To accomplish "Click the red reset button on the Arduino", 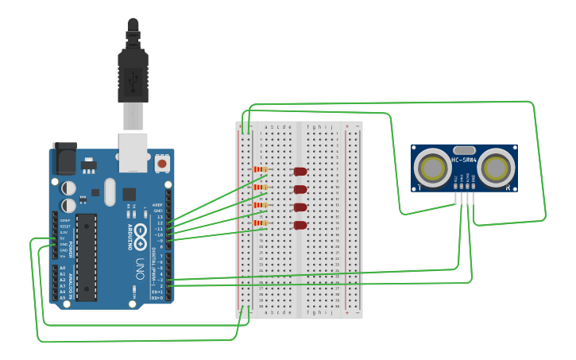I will (162, 163).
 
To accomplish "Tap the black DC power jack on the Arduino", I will (64, 159).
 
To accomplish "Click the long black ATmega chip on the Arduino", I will (86, 256).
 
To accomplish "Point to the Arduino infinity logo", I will (140, 234).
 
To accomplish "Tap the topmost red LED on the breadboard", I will (300, 171).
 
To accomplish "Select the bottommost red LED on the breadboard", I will (300, 225).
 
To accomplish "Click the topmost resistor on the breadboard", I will (261, 169).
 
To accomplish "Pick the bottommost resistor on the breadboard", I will (261, 223).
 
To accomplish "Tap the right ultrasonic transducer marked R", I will (496, 168).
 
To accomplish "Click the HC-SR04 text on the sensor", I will (464, 161).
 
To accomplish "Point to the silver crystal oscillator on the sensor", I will (464, 149).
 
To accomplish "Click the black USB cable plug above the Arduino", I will (133, 72).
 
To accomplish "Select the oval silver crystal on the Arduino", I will (110, 192).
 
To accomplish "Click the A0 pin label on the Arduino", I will (63, 268).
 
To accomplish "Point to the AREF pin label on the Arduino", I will (157, 204).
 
